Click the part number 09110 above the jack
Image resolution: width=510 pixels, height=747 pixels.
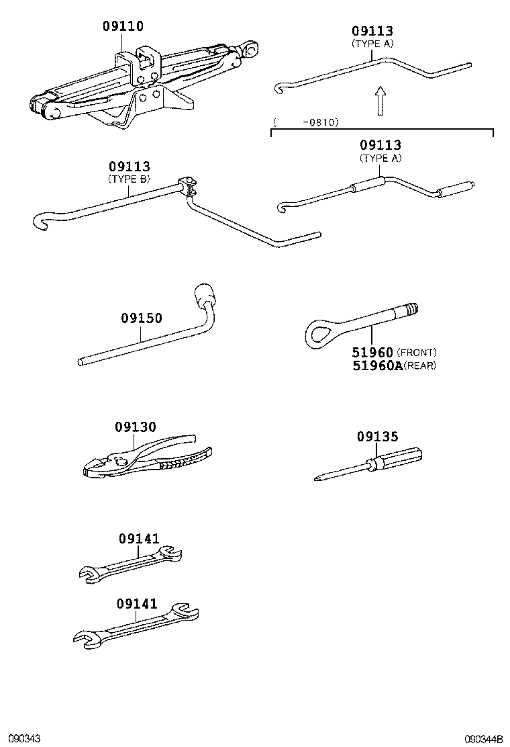[123, 27]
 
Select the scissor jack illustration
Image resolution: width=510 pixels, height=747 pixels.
[141, 84]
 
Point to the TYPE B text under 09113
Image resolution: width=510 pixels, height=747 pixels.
[130, 179]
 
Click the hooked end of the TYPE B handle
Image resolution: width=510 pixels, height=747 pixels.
[42, 222]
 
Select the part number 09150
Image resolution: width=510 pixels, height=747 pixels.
[142, 318]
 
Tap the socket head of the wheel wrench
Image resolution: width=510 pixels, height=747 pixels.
[204, 294]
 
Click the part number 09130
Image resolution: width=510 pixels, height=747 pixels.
[135, 427]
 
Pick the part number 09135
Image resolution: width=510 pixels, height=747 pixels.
[377, 437]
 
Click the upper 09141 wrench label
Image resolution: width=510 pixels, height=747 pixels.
[139, 538]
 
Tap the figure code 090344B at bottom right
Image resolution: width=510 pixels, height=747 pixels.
[485, 738]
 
